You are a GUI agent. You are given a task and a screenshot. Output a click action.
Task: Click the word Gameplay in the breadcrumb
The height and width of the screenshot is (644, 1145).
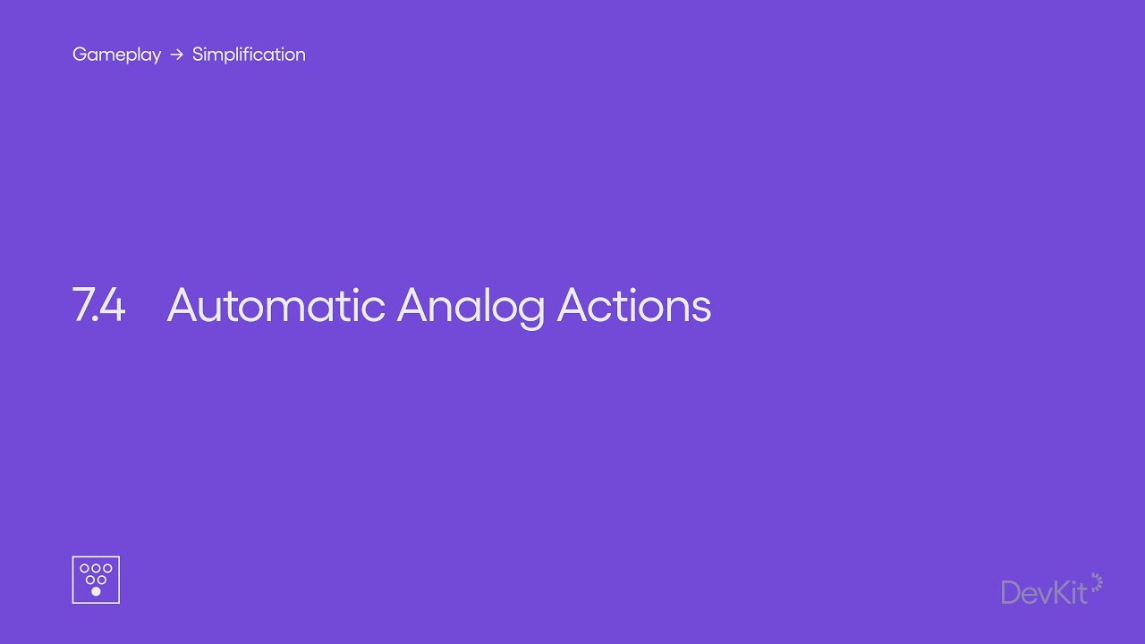coord(116,55)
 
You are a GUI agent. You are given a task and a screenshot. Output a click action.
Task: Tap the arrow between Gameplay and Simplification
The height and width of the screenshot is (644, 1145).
coord(177,55)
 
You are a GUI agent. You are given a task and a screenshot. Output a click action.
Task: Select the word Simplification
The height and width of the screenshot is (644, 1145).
coord(249,55)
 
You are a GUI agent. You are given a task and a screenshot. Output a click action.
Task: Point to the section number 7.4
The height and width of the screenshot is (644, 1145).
coord(98,305)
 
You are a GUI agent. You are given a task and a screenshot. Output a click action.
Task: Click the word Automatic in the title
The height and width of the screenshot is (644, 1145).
coord(276,305)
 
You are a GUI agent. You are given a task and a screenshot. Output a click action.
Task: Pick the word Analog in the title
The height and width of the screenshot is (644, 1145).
coord(471,308)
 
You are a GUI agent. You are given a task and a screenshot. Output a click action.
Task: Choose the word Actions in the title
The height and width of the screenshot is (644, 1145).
coord(634,305)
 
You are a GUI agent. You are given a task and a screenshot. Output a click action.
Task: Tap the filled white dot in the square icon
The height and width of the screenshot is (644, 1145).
coord(96,591)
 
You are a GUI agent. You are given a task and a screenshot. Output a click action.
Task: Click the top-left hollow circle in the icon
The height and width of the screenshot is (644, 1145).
coord(84,568)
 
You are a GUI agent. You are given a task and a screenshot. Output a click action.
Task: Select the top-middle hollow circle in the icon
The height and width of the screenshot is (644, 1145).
coord(96,568)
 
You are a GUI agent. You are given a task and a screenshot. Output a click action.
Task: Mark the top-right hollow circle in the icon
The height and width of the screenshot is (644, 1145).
coord(107,568)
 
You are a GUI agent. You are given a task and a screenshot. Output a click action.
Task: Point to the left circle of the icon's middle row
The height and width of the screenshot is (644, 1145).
coord(90,580)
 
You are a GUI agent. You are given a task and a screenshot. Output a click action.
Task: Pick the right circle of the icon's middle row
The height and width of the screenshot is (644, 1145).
coord(102,580)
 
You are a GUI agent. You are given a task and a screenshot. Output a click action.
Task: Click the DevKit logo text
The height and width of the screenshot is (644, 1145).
coord(1044,593)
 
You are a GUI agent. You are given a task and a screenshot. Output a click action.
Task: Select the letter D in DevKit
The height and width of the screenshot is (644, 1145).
coord(1012,593)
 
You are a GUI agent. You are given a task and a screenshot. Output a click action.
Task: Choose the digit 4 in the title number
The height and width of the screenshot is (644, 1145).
coord(112,305)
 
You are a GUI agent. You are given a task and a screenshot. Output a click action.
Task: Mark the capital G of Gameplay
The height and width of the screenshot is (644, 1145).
coord(81,54)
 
